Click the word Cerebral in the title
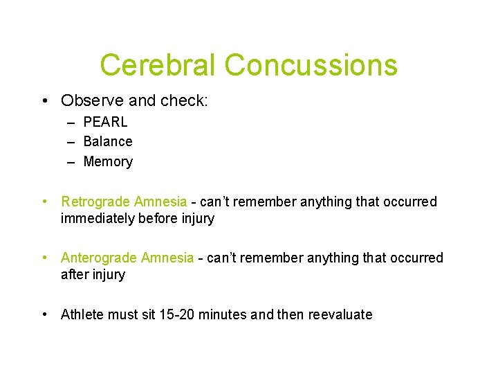click(x=158, y=65)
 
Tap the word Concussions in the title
click(x=311, y=65)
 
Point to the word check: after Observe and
click(x=184, y=100)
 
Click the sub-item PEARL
click(x=105, y=122)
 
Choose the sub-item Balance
click(x=108, y=141)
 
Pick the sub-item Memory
click(x=108, y=161)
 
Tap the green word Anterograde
click(x=99, y=258)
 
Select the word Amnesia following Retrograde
click(x=160, y=202)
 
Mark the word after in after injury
click(x=74, y=274)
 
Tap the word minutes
click(x=223, y=314)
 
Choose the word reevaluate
click(x=339, y=314)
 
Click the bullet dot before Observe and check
click(x=45, y=101)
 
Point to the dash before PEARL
click(x=71, y=123)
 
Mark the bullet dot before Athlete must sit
click(x=45, y=314)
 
